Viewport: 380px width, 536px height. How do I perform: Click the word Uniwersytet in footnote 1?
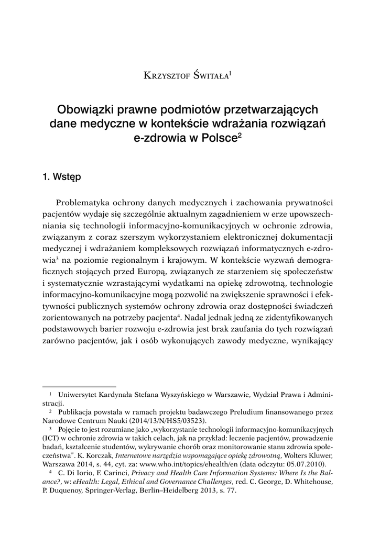pos(79,393)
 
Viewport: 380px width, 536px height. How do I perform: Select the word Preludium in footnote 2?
pos(232,411)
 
